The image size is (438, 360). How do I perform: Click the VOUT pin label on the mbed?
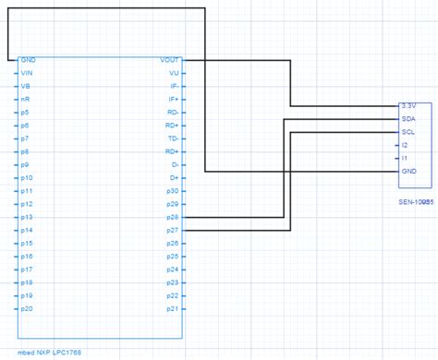coord(170,59)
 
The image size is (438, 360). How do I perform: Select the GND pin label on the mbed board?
coord(28,59)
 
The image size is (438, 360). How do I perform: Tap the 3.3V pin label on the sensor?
coord(409,106)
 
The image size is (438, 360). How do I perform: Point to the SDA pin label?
coord(408,119)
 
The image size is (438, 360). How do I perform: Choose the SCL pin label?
coord(408,132)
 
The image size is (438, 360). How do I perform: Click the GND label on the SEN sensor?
coord(408,172)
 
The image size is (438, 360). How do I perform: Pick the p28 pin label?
coord(173,217)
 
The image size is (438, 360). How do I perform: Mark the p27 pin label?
coord(173,230)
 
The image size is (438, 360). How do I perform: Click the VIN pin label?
coord(27,72)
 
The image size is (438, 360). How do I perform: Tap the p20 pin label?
coord(27,308)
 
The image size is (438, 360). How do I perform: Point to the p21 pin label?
coord(173,308)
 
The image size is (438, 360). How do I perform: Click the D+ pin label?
coord(174,177)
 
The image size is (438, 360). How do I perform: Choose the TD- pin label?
coord(173,138)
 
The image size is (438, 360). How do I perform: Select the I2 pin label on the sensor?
coord(405,145)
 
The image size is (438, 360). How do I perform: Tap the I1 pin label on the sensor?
coord(405,158)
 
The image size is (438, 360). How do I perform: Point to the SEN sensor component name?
coord(416,200)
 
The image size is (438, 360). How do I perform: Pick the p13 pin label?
coord(27,217)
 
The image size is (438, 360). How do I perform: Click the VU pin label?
coord(174,72)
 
